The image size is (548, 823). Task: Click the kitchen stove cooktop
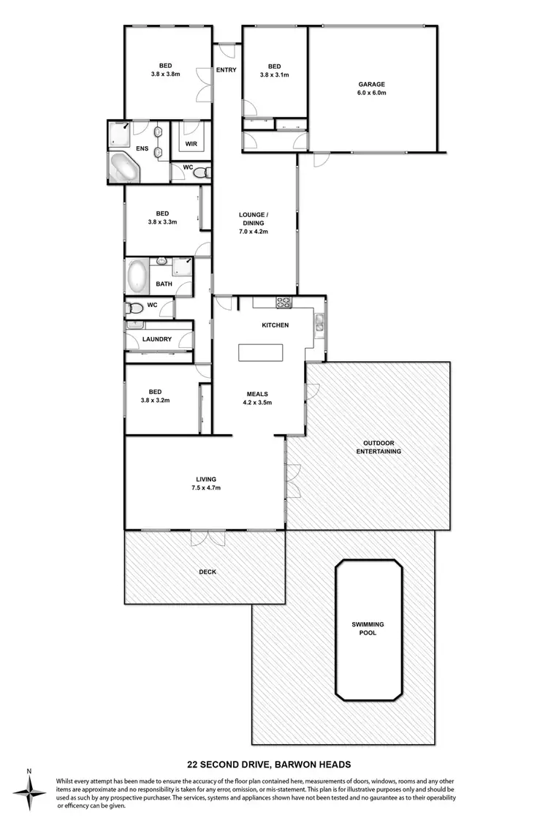[x=283, y=303]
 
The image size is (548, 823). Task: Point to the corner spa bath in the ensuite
[x=125, y=167]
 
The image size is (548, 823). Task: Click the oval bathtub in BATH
[x=137, y=276]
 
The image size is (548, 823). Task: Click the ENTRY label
[x=227, y=70]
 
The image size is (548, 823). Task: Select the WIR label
[x=191, y=144]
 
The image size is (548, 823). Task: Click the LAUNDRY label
[x=157, y=339]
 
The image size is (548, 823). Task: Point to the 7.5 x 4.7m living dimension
[x=205, y=488]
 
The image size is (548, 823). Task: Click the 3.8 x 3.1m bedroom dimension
[x=274, y=75]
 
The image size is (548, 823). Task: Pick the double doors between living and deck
[x=206, y=536]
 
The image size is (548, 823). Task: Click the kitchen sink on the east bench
[x=319, y=322]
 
